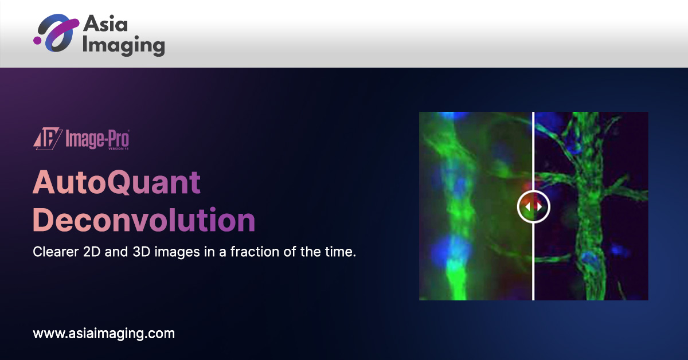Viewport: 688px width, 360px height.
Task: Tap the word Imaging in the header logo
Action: [x=123, y=45]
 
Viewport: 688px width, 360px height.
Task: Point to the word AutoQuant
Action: [x=117, y=183]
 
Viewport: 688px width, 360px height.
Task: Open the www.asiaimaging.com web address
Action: [x=104, y=333]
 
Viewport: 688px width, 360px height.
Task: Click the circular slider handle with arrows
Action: [x=533, y=206]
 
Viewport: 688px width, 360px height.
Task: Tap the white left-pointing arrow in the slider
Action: [x=528, y=206]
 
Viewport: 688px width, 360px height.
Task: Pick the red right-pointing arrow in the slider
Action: [x=538, y=206]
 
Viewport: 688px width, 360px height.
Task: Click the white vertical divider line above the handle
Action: [x=533, y=149]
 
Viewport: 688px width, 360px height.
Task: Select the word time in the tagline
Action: [x=342, y=252]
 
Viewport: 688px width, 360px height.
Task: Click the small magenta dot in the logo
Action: [x=37, y=40]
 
